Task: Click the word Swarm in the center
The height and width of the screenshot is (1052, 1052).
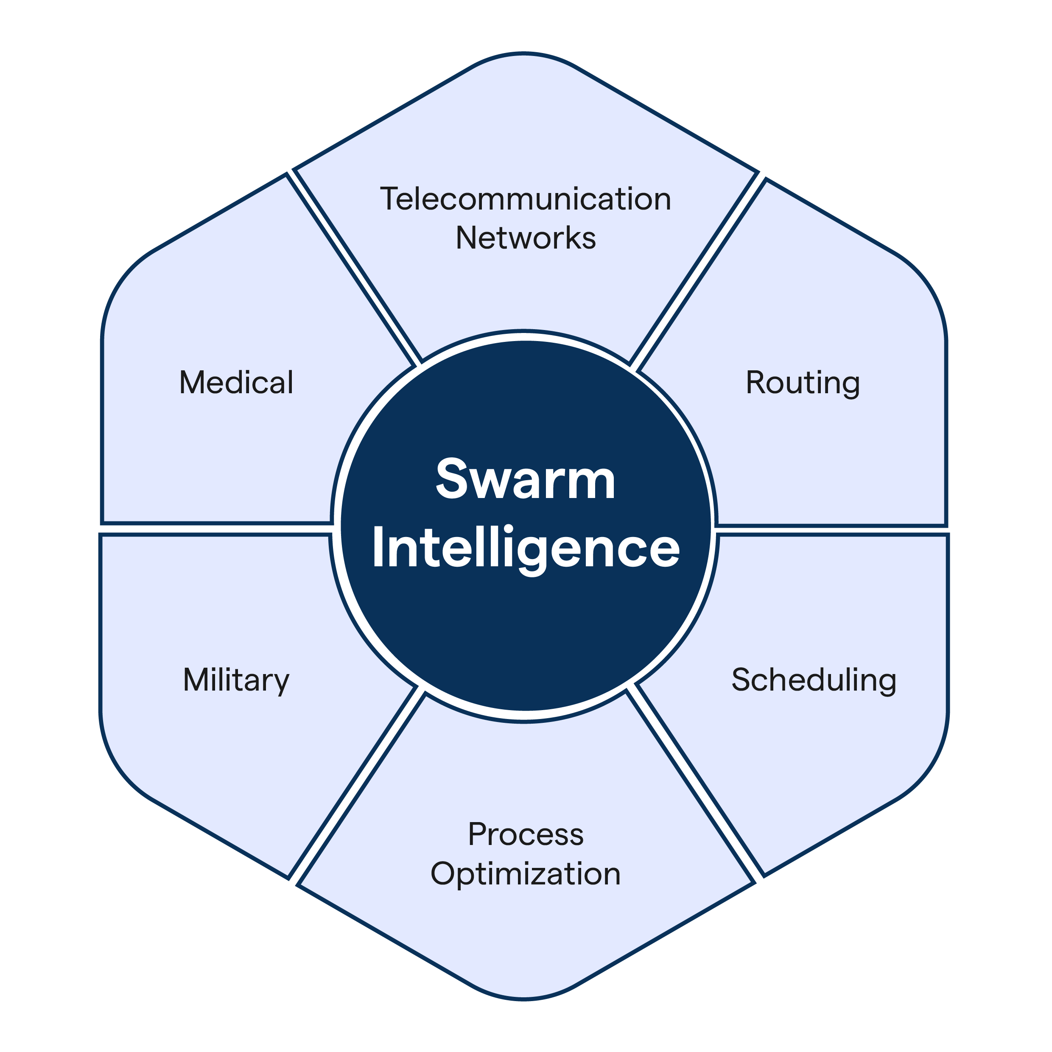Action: pos(526,479)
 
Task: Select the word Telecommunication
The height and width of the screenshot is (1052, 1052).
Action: pos(526,199)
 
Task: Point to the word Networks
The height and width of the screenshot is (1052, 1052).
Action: pos(526,238)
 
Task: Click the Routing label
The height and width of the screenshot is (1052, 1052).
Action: pos(803,382)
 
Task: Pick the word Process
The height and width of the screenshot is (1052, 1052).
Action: pos(526,834)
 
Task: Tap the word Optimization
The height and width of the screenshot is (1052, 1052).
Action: pos(526,873)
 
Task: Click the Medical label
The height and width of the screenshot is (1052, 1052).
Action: pos(236,382)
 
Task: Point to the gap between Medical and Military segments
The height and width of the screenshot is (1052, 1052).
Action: pos(215,529)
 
